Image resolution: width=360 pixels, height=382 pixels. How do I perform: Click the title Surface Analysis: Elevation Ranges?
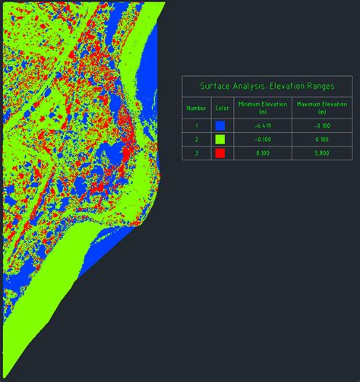pos(267,87)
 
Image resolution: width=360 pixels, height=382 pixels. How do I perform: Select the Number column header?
pos(196,108)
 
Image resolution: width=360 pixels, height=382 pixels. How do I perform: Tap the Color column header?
pos(220,108)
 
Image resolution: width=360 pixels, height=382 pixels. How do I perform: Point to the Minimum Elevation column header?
pos(258,107)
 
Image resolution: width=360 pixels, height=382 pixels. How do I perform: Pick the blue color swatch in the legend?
pos(220,126)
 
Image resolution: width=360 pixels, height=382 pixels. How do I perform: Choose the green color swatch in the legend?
pos(220,140)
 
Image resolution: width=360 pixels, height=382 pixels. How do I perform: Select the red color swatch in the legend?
pos(220,153)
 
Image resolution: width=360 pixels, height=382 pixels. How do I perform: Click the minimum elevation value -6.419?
pos(258,126)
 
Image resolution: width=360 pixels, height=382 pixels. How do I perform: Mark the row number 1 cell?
pos(196,126)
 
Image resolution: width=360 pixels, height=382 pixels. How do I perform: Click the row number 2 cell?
pos(196,140)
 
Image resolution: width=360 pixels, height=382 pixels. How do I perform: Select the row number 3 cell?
pos(196,153)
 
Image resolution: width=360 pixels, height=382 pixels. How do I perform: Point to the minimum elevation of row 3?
pos(258,153)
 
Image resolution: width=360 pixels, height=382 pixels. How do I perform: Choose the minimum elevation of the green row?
pos(258,140)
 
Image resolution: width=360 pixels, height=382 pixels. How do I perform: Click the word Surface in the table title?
pos(213,87)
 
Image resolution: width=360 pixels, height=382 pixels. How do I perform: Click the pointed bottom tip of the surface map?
pos(3,377)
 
